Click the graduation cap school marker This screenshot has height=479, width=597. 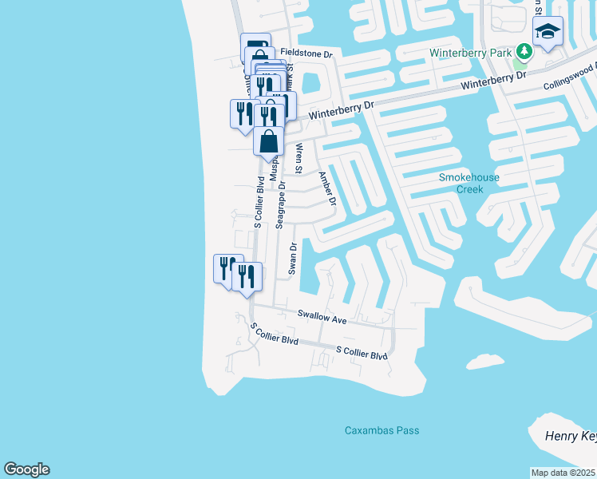pyautogui.click(x=548, y=32)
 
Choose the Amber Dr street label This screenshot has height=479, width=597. pyautogui.click(x=327, y=191)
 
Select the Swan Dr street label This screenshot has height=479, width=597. pyautogui.click(x=293, y=258)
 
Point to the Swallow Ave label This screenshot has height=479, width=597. pyautogui.click(x=322, y=317)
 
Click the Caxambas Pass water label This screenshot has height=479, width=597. pyautogui.click(x=382, y=431)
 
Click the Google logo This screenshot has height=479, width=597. pyautogui.click(x=26, y=469)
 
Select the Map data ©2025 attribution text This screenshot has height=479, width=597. pyautogui.click(x=563, y=473)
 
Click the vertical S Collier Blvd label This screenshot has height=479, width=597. pyautogui.click(x=259, y=203)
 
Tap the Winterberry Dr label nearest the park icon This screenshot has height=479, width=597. pyautogui.click(x=494, y=81)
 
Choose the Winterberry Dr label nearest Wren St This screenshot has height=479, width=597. pyautogui.click(x=341, y=109)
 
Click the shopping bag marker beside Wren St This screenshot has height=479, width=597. pyautogui.click(x=269, y=141)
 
